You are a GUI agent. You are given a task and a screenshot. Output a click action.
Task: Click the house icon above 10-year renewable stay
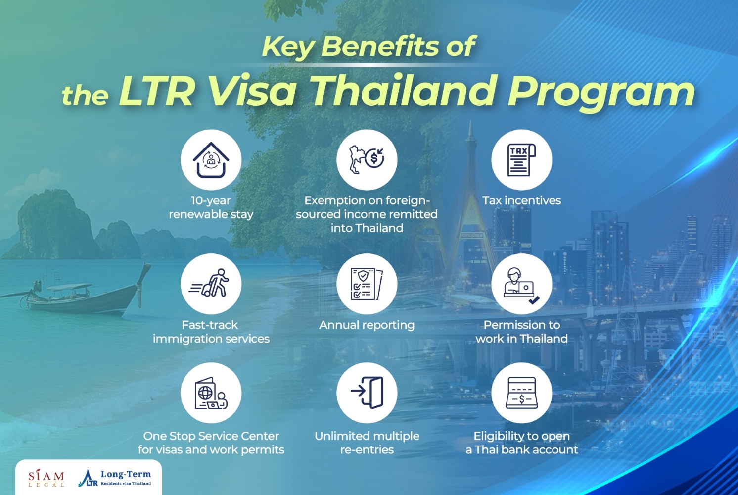pyautogui.click(x=211, y=160)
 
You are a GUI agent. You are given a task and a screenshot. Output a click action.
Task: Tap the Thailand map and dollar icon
pyautogui.click(x=367, y=160)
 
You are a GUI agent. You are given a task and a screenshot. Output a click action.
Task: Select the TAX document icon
pyautogui.click(x=521, y=160)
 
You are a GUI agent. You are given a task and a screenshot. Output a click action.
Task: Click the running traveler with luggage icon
pyautogui.click(x=211, y=284)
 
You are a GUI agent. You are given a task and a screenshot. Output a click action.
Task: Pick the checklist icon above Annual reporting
pyautogui.click(x=367, y=284)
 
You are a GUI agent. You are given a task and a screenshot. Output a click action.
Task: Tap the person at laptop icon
pyautogui.click(x=521, y=284)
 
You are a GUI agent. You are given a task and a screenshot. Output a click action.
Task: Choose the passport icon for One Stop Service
pyautogui.click(x=211, y=393)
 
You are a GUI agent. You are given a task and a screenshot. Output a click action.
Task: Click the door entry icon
pyautogui.click(x=367, y=393)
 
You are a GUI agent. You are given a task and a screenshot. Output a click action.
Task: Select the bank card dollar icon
pyautogui.click(x=521, y=393)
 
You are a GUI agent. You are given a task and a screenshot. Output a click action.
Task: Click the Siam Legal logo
pyautogui.click(x=46, y=478)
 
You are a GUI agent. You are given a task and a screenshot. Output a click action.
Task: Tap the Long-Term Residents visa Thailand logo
pyautogui.click(x=115, y=478)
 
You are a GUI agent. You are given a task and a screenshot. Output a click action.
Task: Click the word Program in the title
pyautogui.click(x=601, y=92)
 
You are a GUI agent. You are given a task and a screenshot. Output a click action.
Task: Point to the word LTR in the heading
pyautogui.click(x=157, y=91)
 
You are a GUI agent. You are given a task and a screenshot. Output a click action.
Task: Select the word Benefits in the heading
pyautogui.click(x=380, y=47)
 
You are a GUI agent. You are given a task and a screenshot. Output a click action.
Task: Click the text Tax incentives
pyautogui.click(x=521, y=200)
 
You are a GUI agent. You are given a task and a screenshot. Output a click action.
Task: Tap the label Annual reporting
pyautogui.click(x=367, y=325)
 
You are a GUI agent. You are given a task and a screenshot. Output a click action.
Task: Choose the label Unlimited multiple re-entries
pyautogui.click(x=367, y=443)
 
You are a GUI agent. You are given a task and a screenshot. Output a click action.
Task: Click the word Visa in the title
pyautogui.click(x=252, y=91)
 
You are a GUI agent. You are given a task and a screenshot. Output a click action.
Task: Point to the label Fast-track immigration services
pyautogui.click(x=211, y=332)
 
